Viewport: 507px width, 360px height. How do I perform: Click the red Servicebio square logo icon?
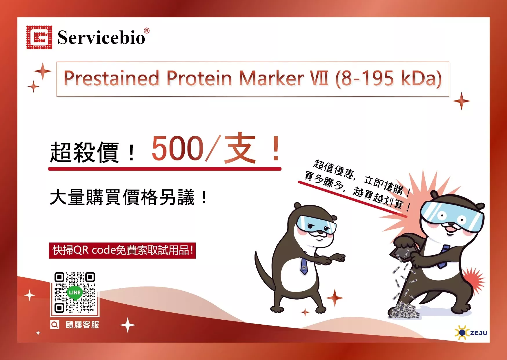pos(39,37)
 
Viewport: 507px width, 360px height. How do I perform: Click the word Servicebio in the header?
pos(101,37)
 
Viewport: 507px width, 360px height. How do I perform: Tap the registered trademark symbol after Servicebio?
pos(147,31)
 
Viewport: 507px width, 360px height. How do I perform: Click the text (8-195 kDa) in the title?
pos(388,79)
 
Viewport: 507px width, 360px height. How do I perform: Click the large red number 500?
pos(178,148)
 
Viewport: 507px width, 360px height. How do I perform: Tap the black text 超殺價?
pos(84,152)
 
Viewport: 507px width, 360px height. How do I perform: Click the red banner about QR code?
pos(122,250)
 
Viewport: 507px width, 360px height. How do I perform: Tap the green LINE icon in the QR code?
pos(74,292)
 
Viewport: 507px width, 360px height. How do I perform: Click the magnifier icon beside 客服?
pos(54,325)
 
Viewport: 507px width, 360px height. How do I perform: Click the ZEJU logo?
pos(471,332)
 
